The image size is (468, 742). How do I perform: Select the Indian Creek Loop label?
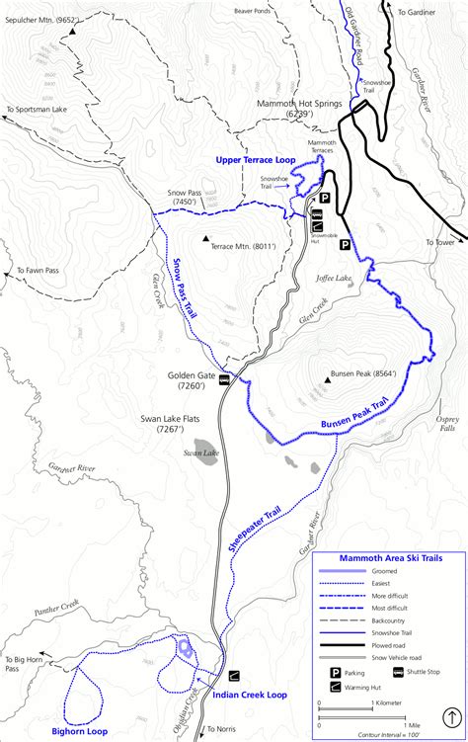251,696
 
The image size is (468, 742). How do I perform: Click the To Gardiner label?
416,11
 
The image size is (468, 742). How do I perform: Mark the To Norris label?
223,729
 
